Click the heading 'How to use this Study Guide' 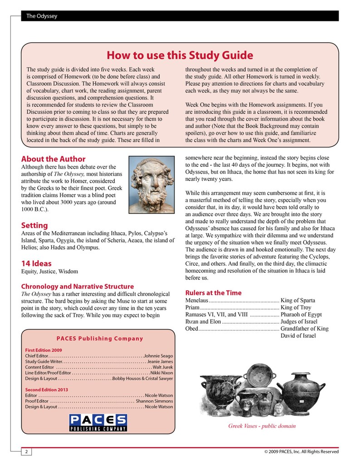pyautogui.click(x=180, y=55)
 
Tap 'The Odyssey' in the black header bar pyautogui.click(x=42, y=16)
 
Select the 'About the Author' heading pyautogui.click(x=53, y=159)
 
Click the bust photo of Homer pyautogui.click(x=152, y=185)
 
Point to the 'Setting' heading pyautogui.click(x=34, y=225)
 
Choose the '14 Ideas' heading pyautogui.click(x=36, y=263)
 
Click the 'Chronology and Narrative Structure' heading pyautogui.click(x=78, y=286)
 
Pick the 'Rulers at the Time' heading pyautogui.click(x=214, y=293)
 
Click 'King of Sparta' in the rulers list pyautogui.click(x=298, y=301)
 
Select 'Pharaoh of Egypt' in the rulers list pyautogui.click(x=301, y=314)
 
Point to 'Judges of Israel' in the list pyautogui.click(x=299, y=321)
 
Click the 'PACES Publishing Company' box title pyautogui.click(x=100, y=339)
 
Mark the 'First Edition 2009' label pyautogui.click(x=44, y=350)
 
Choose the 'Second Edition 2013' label pyautogui.click(x=46, y=389)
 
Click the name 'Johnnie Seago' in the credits pyautogui.click(x=158, y=356)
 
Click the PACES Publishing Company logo pyautogui.click(x=98, y=422)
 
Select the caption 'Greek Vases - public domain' pyautogui.click(x=262, y=426)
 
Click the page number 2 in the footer pyautogui.click(x=26, y=451)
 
